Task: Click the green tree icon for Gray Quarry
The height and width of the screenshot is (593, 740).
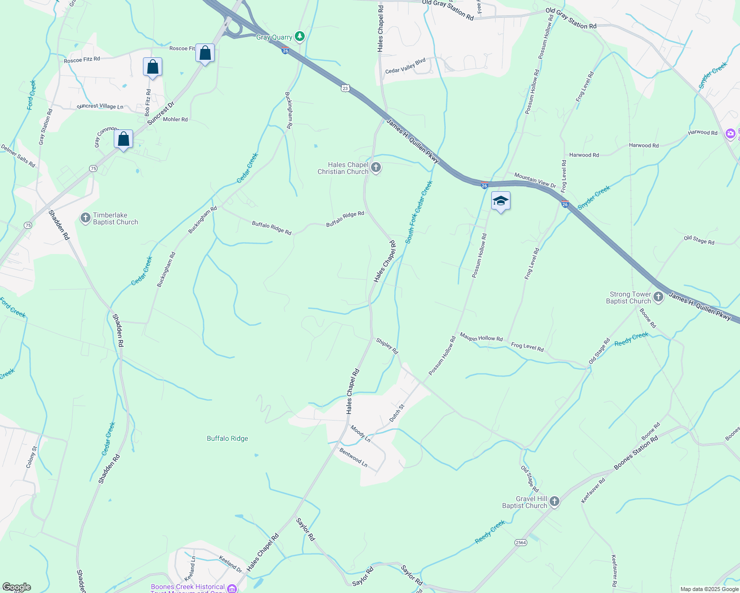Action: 299,37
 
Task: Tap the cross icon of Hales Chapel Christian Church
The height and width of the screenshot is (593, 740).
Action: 376,168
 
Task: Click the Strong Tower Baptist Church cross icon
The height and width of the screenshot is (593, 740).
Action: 658,297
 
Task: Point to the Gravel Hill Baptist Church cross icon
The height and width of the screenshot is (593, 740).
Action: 555,502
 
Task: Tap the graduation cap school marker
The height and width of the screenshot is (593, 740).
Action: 501,201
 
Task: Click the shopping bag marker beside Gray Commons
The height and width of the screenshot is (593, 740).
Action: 123,139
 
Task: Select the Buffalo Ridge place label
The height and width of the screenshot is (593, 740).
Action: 228,438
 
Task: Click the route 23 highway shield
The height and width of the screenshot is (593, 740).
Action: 345,88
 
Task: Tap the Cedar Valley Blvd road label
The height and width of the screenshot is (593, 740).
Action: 406,66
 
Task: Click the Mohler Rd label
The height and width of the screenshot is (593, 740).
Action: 175,120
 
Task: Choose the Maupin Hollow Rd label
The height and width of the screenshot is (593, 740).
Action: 481,338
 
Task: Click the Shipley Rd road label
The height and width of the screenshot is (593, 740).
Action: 387,345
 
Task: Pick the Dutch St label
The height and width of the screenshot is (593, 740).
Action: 397,413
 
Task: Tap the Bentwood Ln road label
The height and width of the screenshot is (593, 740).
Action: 354,458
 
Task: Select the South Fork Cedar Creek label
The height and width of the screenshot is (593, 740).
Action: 419,212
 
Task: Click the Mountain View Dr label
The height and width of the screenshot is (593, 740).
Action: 535,180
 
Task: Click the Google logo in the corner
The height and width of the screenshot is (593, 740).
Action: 16,587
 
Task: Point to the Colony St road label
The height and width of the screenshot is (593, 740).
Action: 32,457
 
